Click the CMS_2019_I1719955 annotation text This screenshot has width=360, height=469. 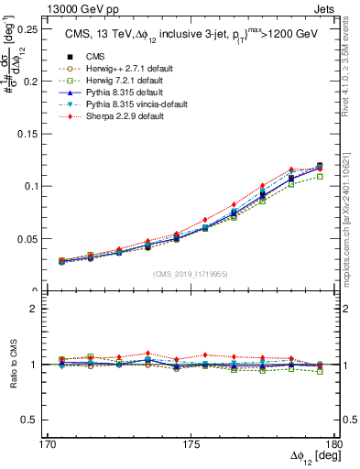click(191, 273)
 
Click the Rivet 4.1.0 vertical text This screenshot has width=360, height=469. click(352, 64)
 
